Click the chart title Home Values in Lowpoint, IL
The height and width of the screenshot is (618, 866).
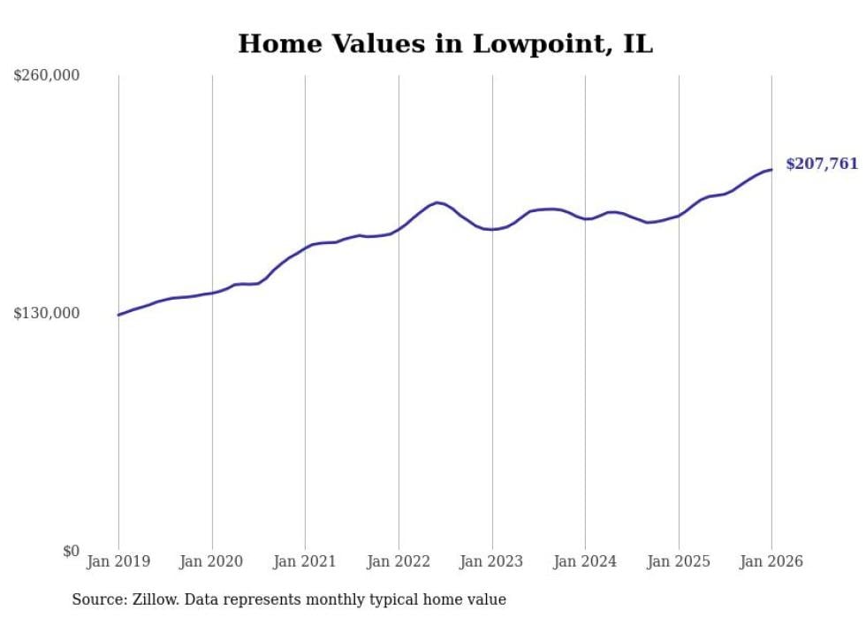coord(445,44)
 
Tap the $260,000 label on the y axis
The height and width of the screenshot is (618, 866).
coord(47,76)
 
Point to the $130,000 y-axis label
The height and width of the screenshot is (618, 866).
coord(47,314)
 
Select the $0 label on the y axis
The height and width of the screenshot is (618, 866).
coord(71,552)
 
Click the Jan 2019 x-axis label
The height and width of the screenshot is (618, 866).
coord(118,561)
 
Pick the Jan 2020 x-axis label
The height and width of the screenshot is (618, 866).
coord(212,561)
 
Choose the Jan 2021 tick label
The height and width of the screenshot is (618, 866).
coord(305,561)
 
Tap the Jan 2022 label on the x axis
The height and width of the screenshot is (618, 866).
coord(399,561)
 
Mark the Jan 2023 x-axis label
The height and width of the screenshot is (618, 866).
coord(492,561)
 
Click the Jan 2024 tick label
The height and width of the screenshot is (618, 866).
coord(585,561)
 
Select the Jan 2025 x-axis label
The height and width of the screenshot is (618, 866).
coord(679,561)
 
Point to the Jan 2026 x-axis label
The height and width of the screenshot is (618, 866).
coord(771,561)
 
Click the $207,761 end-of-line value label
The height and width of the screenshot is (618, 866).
coord(822,164)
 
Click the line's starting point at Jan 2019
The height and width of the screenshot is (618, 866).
coord(118,315)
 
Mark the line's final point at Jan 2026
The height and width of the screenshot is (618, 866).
coord(771,170)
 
